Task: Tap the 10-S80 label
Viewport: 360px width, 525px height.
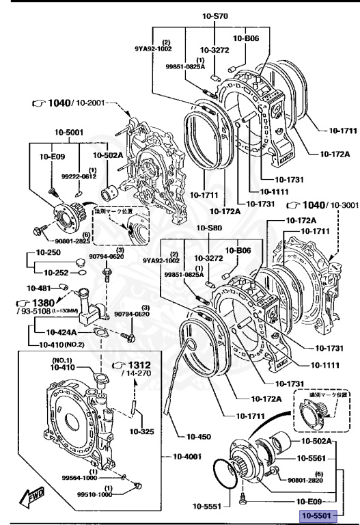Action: (x=210, y=228)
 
